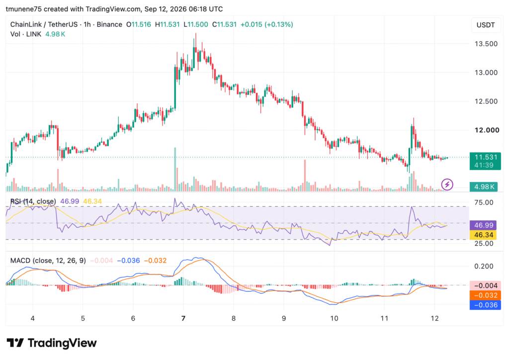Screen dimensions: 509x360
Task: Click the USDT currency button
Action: point(486,25)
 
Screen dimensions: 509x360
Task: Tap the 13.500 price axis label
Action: point(486,44)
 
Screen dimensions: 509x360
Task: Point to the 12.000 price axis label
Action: point(487,130)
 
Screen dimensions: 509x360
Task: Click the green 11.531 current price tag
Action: point(483,161)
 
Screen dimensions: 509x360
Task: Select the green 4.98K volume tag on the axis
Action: point(483,186)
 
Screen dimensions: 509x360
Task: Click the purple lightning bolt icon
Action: point(447,184)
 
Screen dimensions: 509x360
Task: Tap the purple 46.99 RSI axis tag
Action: point(483,225)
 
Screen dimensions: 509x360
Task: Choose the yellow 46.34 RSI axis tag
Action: point(483,235)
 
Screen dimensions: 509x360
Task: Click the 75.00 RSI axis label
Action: point(484,202)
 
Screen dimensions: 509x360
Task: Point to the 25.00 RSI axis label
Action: point(484,244)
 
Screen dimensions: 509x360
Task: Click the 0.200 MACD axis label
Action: point(484,266)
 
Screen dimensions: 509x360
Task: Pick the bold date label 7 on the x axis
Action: point(183,318)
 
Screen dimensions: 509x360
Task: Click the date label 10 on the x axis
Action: point(334,318)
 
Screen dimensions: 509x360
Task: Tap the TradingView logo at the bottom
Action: point(52,343)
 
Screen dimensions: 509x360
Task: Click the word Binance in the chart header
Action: point(109,24)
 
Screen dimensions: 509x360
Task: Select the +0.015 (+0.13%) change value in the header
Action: point(266,24)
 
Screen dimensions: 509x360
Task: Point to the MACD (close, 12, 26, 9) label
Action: point(48,261)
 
